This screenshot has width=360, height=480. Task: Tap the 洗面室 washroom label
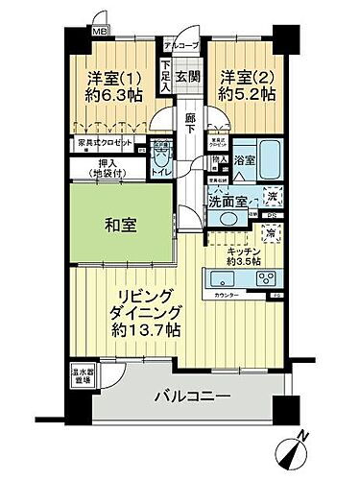[x=229, y=203]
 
